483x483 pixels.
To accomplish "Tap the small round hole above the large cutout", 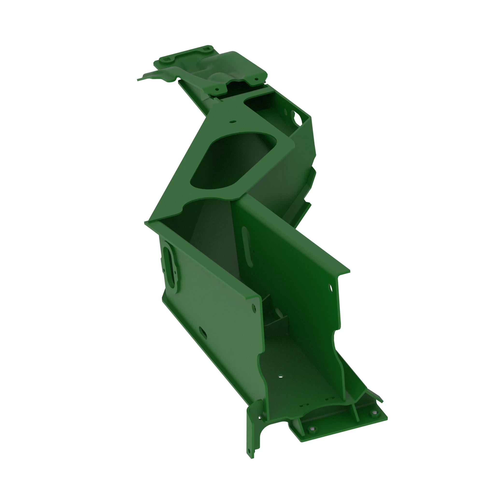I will (x=233, y=122).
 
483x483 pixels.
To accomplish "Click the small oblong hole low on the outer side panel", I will (x=203, y=333).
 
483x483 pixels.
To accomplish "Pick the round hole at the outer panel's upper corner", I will (x=254, y=308).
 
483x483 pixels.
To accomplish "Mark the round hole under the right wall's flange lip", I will (x=331, y=288).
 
